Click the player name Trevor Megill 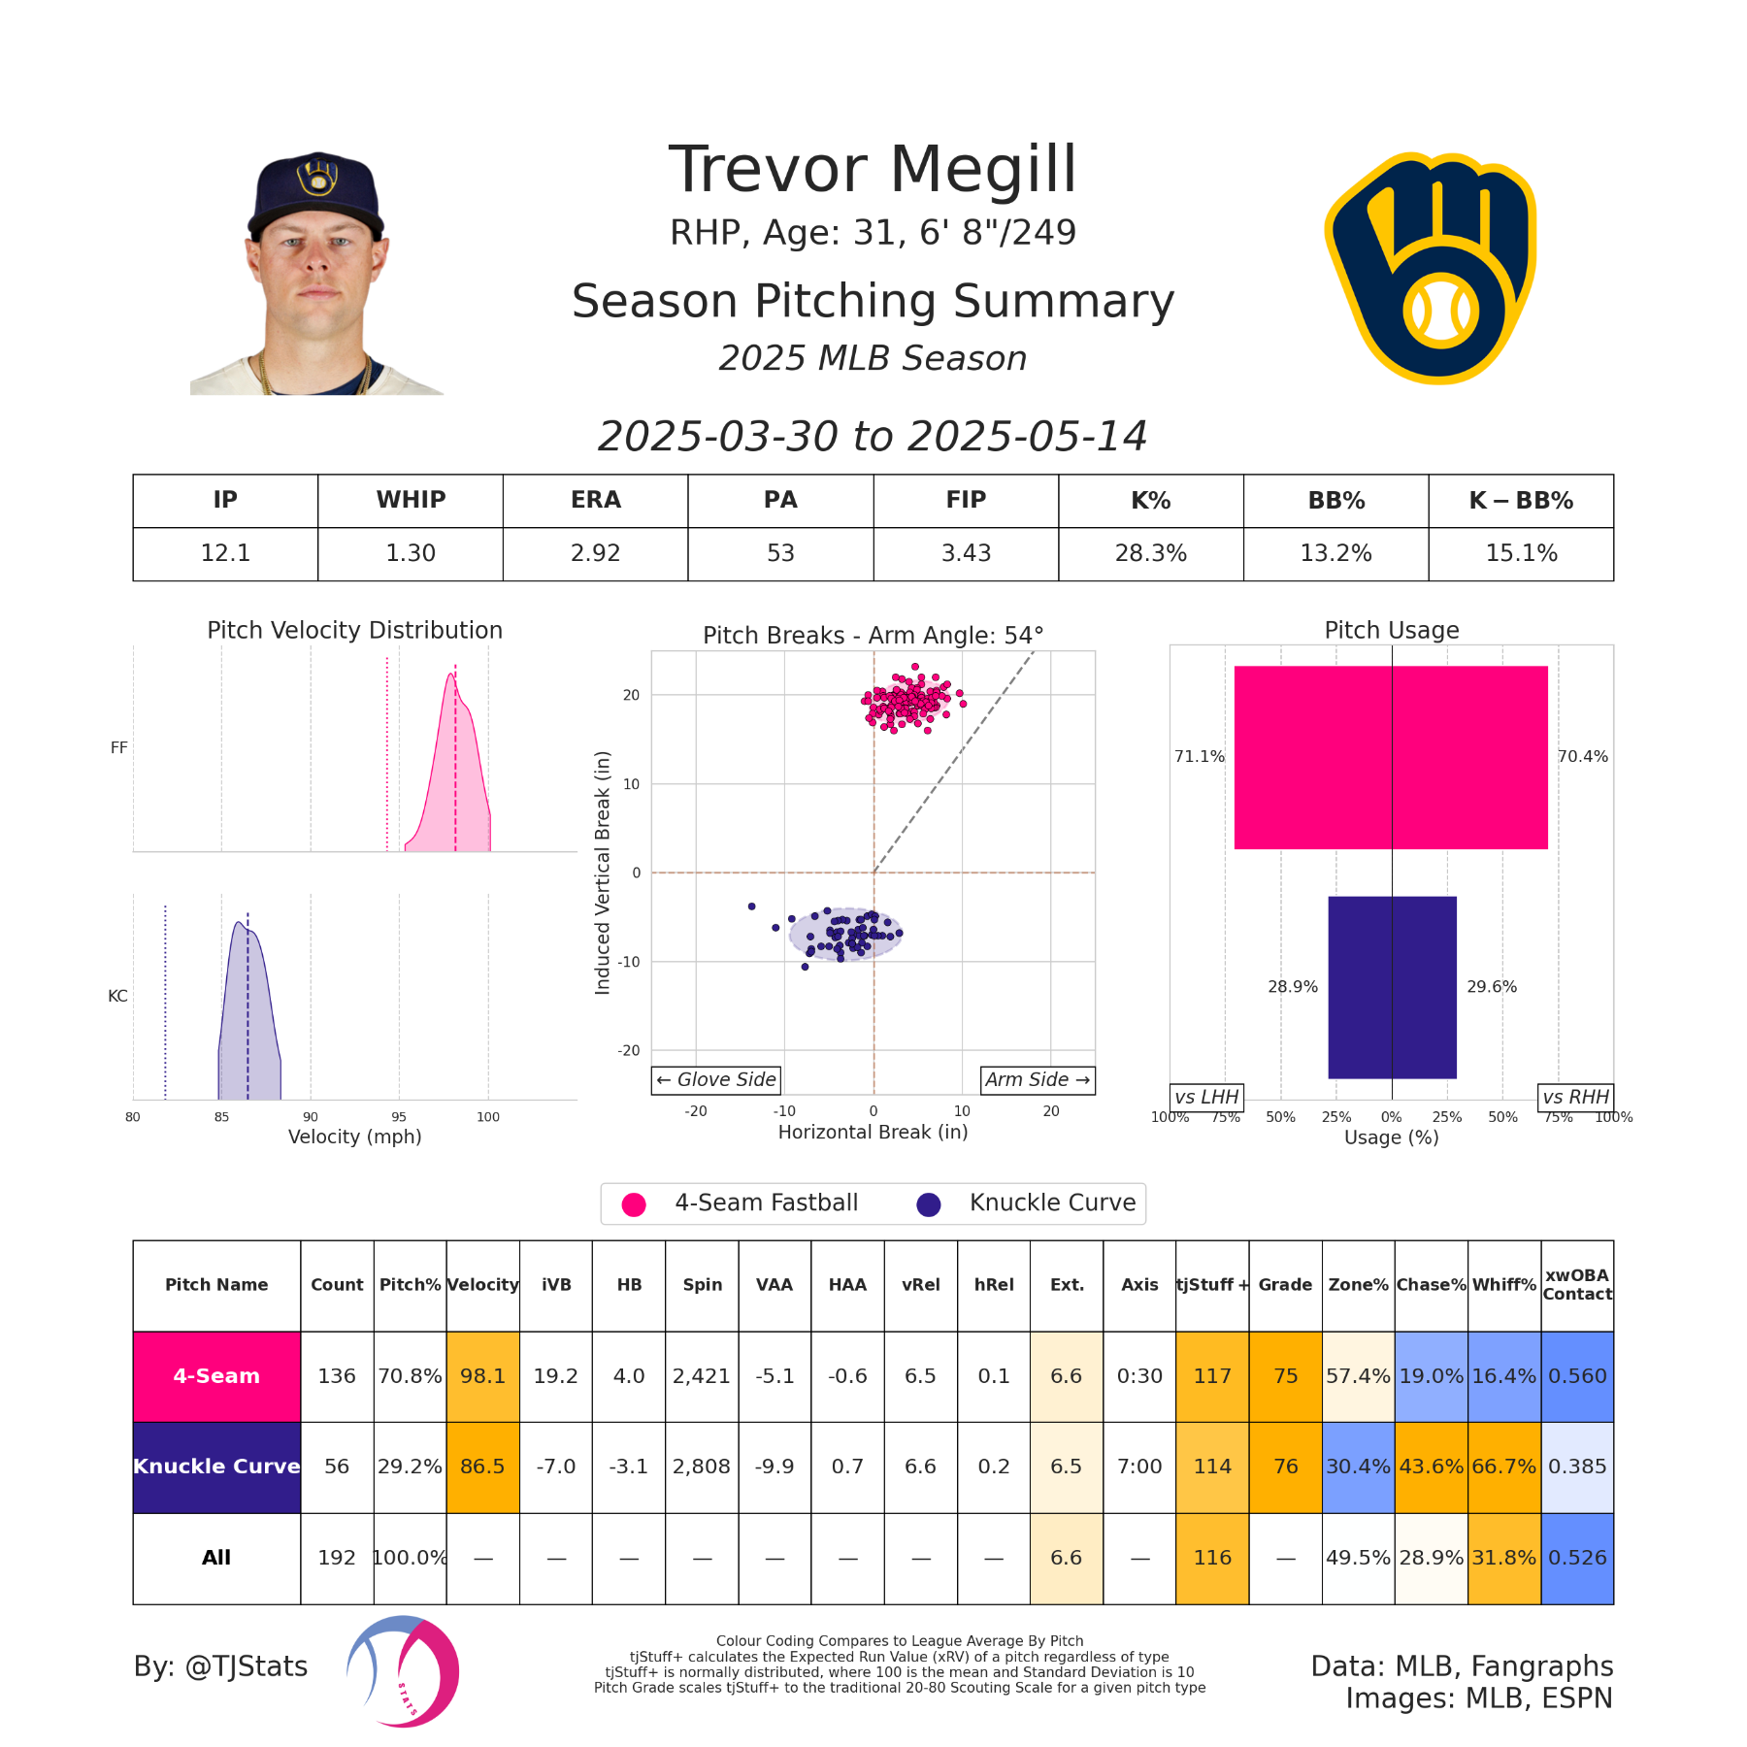[x=873, y=170]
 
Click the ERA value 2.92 [x=595, y=553]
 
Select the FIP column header [x=966, y=500]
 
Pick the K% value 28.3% [x=1150, y=553]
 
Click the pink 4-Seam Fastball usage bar [x=1390, y=757]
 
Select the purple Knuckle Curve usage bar [x=1392, y=986]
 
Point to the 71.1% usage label [x=1200, y=756]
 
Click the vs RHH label [x=1575, y=1097]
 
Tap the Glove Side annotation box [x=716, y=1079]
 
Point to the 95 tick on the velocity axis [x=399, y=1117]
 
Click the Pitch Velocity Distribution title [x=354, y=630]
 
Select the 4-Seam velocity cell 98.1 [x=482, y=1376]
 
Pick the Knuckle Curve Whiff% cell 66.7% [x=1503, y=1467]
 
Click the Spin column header [x=702, y=1285]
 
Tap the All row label [x=216, y=1558]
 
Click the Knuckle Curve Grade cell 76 [x=1285, y=1467]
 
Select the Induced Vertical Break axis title [x=603, y=873]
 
